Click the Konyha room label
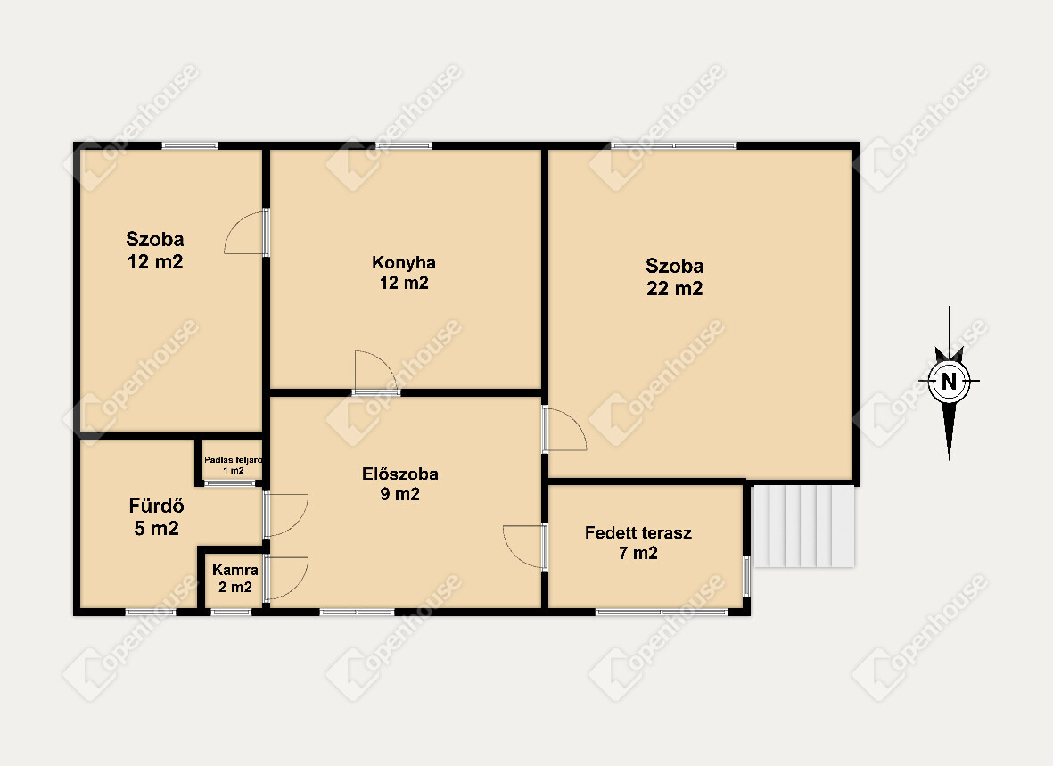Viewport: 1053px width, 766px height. pyautogui.click(x=404, y=262)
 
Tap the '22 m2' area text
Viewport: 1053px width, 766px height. pyautogui.click(x=674, y=288)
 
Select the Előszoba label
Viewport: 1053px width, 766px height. pyautogui.click(x=400, y=474)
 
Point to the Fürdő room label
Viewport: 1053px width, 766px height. pyautogui.click(x=156, y=506)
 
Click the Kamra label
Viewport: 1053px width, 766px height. pyautogui.click(x=235, y=570)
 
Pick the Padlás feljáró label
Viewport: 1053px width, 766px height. pyautogui.click(x=233, y=460)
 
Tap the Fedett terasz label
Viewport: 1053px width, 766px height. pyautogui.click(x=638, y=533)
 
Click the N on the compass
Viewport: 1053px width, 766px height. pyautogui.click(x=949, y=381)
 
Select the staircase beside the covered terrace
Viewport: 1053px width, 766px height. pyautogui.click(x=803, y=526)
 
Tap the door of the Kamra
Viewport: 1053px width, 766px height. pyautogui.click(x=287, y=578)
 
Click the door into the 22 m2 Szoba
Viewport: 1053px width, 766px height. pyautogui.click(x=564, y=429)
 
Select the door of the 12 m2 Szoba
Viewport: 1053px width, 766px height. pyautogui.click(x=246, y=232)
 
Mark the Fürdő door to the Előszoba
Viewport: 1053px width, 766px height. pyautogui.click(x=287, y=515)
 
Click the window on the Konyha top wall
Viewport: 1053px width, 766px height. pyautogui.click(x=404, y=145)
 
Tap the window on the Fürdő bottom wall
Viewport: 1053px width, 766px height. pyautogui.click(x=151, y=612)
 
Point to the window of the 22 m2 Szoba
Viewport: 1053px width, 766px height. pyautogui.click(x=673, y=145)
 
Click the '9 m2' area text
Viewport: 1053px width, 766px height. pyautogui.click(x=400, y=495)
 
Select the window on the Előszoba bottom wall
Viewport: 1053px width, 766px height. pyautogui.click(x=357, y=612)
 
